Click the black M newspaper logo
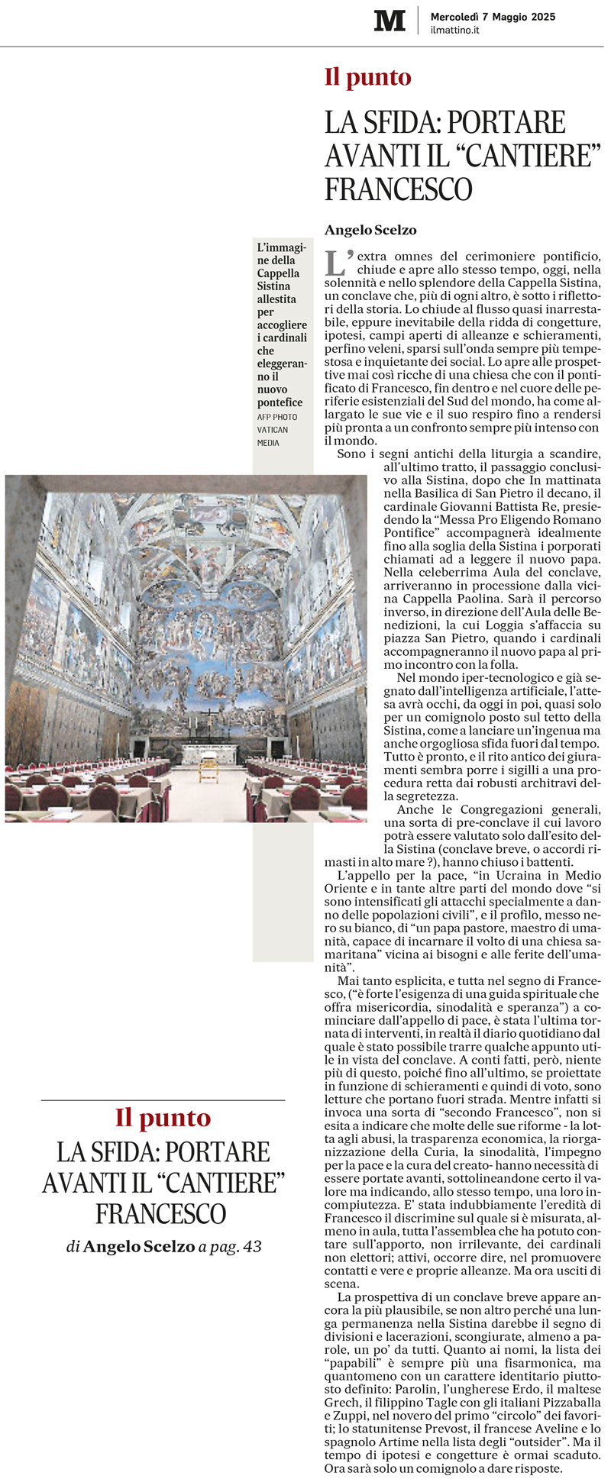(390, 21)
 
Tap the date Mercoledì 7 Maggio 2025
(493, 17)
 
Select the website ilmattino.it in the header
(454, 31)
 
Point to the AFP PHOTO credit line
(277, 417)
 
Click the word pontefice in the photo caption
(280, 402)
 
